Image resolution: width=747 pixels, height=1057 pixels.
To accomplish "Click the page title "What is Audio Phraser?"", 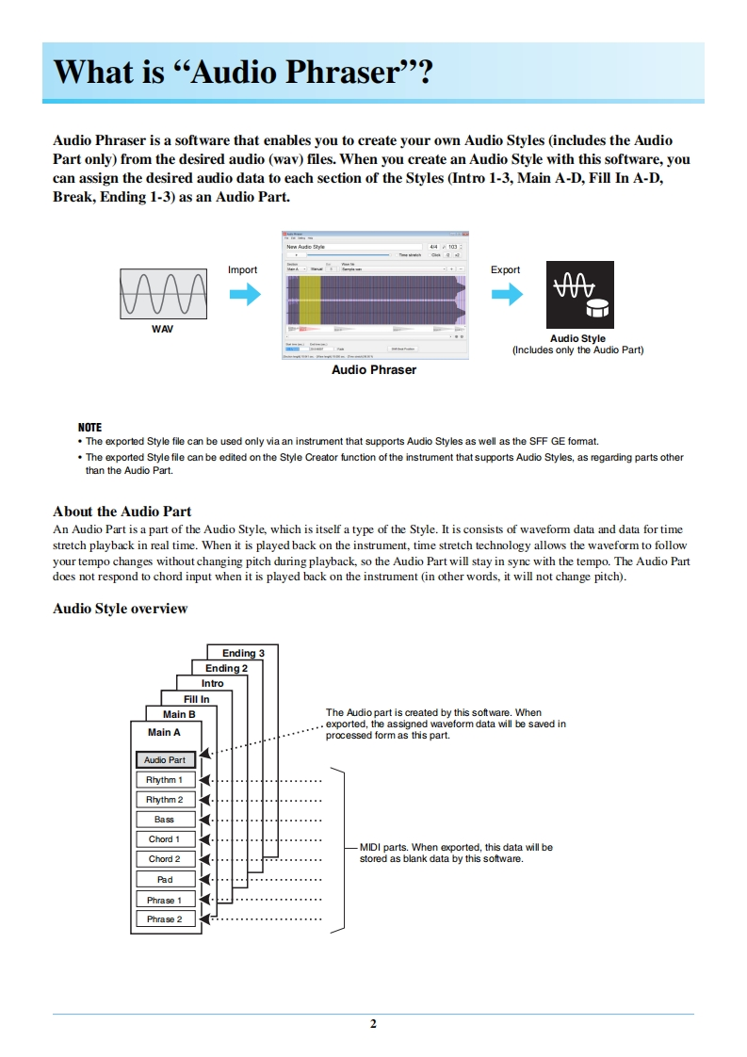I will (243, 73).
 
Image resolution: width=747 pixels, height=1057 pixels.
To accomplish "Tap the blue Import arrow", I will (245, 295).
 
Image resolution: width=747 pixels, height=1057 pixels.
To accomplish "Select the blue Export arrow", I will (507, 295).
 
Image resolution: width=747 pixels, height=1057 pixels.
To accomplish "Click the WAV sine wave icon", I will (163, 294).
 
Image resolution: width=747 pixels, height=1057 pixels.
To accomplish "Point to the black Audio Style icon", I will (579, 295).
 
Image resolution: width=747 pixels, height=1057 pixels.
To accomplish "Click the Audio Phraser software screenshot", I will (376, 295).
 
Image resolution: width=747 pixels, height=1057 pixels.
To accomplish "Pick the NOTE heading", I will (89, 427).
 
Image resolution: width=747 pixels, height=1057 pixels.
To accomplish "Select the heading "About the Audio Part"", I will (122, 512).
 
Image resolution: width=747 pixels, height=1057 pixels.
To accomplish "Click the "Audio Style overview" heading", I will (121, 609).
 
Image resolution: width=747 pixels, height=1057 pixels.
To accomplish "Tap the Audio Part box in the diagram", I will (165, 759).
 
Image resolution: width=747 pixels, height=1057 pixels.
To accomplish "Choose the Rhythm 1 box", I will (165, 780).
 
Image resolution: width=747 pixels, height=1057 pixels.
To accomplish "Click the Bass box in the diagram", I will (165, 820).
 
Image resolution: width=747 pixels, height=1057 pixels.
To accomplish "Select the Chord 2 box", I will (165, 859).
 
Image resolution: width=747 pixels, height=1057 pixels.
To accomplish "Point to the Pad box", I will (165, 879).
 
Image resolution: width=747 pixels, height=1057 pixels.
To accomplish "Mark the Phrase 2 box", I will (165, 919).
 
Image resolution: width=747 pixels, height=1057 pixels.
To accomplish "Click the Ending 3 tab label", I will (243, 653).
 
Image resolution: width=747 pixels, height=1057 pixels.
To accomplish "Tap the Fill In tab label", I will (197, 699).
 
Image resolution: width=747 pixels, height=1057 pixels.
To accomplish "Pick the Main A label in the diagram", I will (164, 732).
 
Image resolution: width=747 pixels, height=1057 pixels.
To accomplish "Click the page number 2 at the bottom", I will (373, 1024).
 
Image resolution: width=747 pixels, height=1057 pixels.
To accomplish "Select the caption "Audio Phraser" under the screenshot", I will (374, 370).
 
